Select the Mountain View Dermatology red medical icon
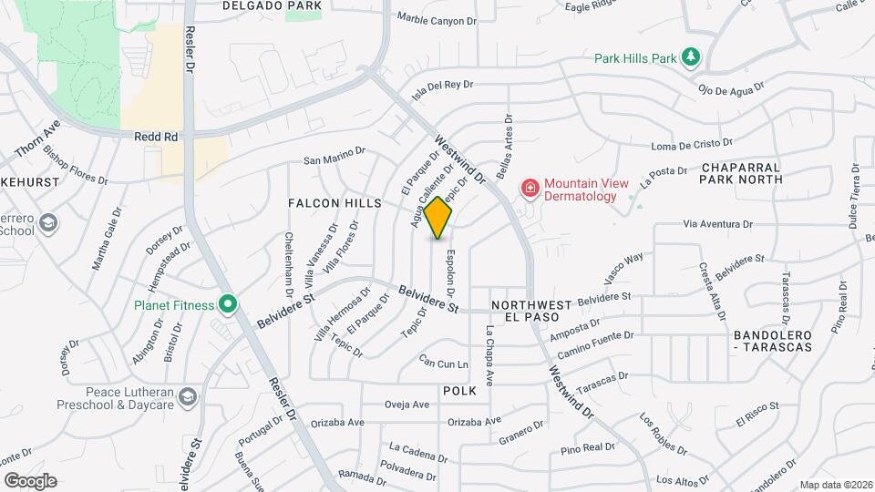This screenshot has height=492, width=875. tap(530, 189)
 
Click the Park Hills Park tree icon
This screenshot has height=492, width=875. tap(692, 58)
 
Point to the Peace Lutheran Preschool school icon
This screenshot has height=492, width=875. tap(187, 396)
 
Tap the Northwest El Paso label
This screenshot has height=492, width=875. tap(530, 310)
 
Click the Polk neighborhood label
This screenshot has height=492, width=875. tap(459, 390)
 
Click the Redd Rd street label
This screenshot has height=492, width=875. tap(156, 137)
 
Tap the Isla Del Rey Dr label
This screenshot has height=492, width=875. tap(443, 88)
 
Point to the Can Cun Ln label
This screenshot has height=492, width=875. tap(443, 364)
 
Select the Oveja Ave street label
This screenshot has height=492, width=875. tap(407, 405)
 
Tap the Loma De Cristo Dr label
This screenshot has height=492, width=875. tap(694, 145)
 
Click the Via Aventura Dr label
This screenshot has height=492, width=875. tap(718, 223)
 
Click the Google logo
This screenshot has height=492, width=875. tap(30, 480)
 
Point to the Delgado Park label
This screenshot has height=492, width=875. tap(273, 5)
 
